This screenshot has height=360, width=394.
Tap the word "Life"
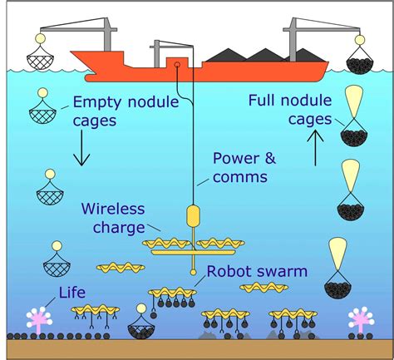(72, 293)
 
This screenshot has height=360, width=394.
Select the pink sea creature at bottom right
(360, 320)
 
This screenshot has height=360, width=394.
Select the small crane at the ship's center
(163, 48)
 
